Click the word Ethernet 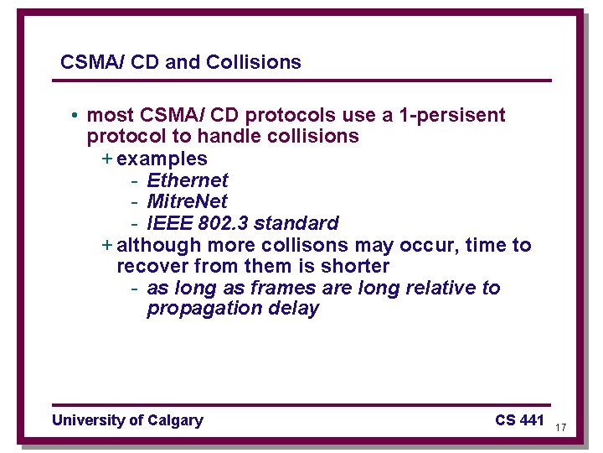click(x=188, y=180)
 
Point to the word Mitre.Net click(x=188, y=201)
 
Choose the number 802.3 click(x=222, y=223)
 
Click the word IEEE click(x=168, y=223)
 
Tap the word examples click(x=162, y=159)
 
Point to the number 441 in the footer click(x=532, y=419)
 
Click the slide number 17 click(x=561, y=428)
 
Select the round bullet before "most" click(x=75, y=116)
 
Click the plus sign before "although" click(x=106, y=245)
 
